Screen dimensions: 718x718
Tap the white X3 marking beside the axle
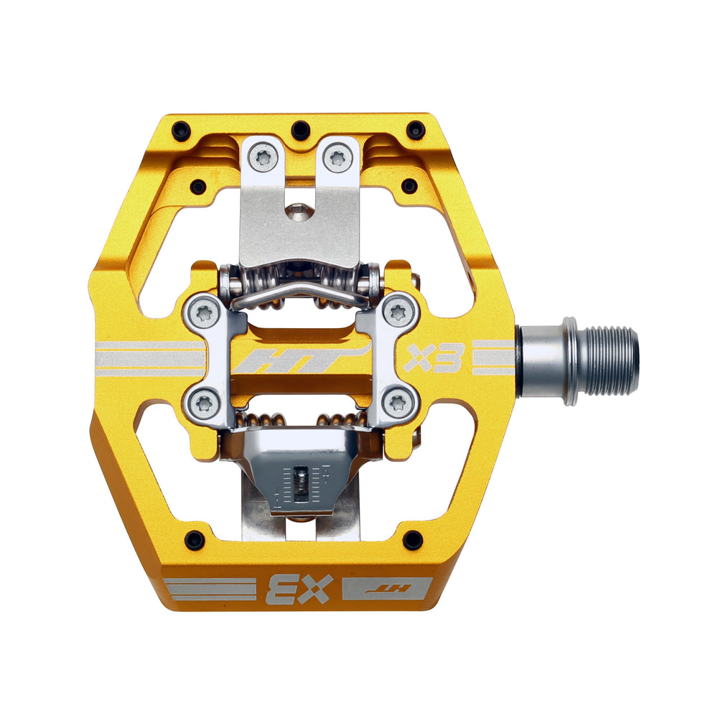(432, 357)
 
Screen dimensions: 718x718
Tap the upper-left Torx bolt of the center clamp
(205, 311)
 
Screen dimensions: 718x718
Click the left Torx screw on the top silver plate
(264, 157)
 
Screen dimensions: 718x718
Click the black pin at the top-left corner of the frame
(182, 131)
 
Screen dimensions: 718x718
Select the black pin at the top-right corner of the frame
(416, 130)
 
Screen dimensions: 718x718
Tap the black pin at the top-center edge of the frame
(301, 130)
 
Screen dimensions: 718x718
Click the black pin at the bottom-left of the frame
(195, 539)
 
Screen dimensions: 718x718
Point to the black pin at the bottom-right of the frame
(412, 540)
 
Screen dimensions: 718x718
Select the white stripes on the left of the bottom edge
(208, 587)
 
